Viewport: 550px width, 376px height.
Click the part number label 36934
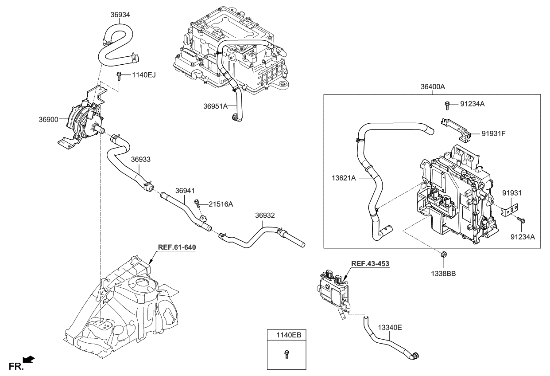pyautogui.click(x=120, y=15)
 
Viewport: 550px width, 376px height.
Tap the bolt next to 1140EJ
pyautogui.click(x=119, y=76)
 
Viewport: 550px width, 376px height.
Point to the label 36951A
pyautogui.click(x=216, y=106)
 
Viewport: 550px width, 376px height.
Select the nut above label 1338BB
pyautogui.click(x=444, y=255)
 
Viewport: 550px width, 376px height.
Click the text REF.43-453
pyautogui.click(x=370, y=263)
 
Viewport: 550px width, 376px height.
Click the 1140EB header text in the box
pyautogui.click(x=287, y=336)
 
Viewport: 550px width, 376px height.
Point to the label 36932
pyautogui.click(x=265, y=215)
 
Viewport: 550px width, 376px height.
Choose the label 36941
pyautogui.click(x=185, y=190)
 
